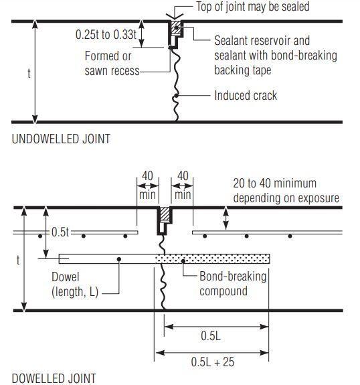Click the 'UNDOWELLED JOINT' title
coord(61,139)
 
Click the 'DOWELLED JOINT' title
coord(54,379)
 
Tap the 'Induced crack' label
coord(246,95)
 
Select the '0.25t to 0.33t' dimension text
coord(106,34)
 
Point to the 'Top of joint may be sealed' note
coord(253,7)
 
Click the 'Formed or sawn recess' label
coord(112,64)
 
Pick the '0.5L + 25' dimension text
coord(213,362)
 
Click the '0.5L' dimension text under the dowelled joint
coord(211,335)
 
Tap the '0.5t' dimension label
coord(60,232)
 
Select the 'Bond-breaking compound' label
coord(233,284)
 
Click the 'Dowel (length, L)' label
coord(75,285)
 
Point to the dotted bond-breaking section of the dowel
coord(212,259)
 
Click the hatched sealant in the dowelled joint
coord(165,214)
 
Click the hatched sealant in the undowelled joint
coord(176,27)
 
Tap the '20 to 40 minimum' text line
coord(274,183)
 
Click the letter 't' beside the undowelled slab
coord(29,73)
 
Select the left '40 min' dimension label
coord(147,185)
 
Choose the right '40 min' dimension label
coord(183,185)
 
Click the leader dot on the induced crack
coord(176,95)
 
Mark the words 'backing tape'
coord(243,70)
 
